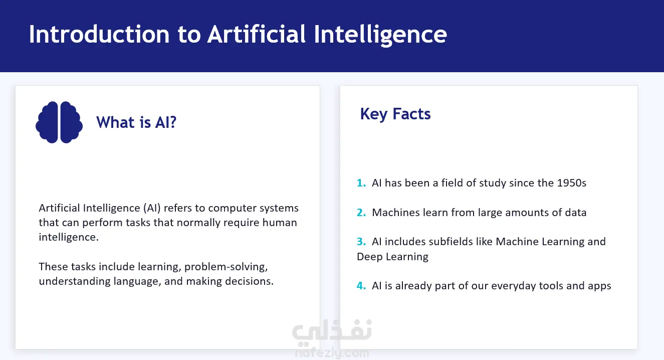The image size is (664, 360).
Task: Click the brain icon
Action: (x=59, y=122)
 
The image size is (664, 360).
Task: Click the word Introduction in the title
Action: (x=99, y=35)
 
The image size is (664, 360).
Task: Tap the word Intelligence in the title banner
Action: (x=380, y=35)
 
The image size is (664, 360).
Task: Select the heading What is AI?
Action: (x=136, y=122)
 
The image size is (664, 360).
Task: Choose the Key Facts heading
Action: (x=395, y=114)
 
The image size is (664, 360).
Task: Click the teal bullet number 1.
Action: (x=361, y=183)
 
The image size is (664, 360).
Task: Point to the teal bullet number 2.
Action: (x=361, y=213)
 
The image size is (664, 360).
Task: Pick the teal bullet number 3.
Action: (x=361, y=242)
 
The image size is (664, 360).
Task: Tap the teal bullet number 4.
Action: (x=361, y=286)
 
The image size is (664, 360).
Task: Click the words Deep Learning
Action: (x=392, y=257)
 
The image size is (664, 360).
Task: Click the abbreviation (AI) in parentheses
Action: (x=152, y=208)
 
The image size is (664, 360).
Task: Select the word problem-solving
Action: (x=226, y=267)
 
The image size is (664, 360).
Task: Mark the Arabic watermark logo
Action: (x=332, y=332)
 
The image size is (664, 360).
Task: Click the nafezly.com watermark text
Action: (x=332, y=353)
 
